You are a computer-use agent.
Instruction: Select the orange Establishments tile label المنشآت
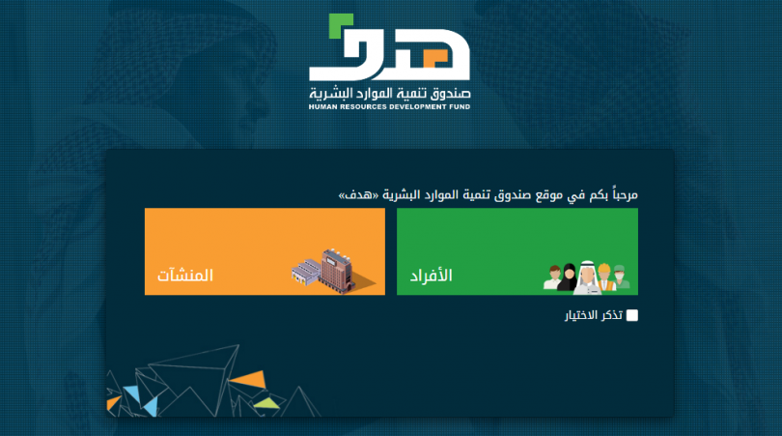(185, 276)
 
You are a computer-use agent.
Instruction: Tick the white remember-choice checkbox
(632, 315)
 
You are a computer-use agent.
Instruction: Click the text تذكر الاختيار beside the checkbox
(594, 315)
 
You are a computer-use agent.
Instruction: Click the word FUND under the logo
(459, 108)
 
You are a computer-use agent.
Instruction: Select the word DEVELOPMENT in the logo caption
(413, 108)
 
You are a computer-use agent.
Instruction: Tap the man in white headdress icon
(586, 276)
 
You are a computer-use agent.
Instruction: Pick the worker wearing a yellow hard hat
(604, 276)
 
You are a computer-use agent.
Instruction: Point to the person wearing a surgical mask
(621, 277)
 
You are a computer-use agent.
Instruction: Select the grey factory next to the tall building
(306, 275)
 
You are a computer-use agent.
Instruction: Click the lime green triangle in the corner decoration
(265, 400)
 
